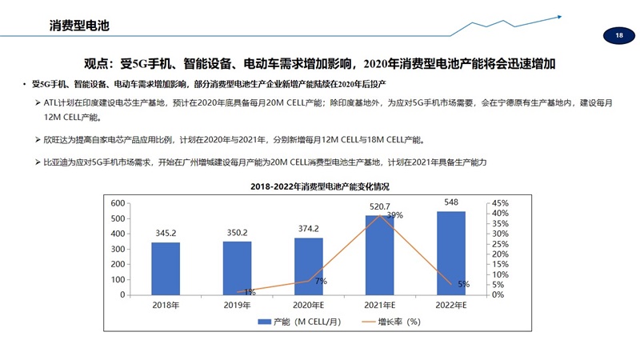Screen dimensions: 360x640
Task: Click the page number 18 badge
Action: [619, 35]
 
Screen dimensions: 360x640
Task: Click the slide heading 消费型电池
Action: [79, 25]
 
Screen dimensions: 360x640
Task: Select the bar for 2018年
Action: [166, 268]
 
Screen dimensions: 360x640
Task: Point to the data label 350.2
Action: [237, 232]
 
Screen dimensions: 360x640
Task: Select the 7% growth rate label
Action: [321, 281]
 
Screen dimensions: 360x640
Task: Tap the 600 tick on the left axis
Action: [117, 203]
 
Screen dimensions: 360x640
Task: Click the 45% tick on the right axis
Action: [498, 203]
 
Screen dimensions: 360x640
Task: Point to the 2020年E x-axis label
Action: [308, 304]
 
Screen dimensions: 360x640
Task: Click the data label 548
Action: [451, 202]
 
